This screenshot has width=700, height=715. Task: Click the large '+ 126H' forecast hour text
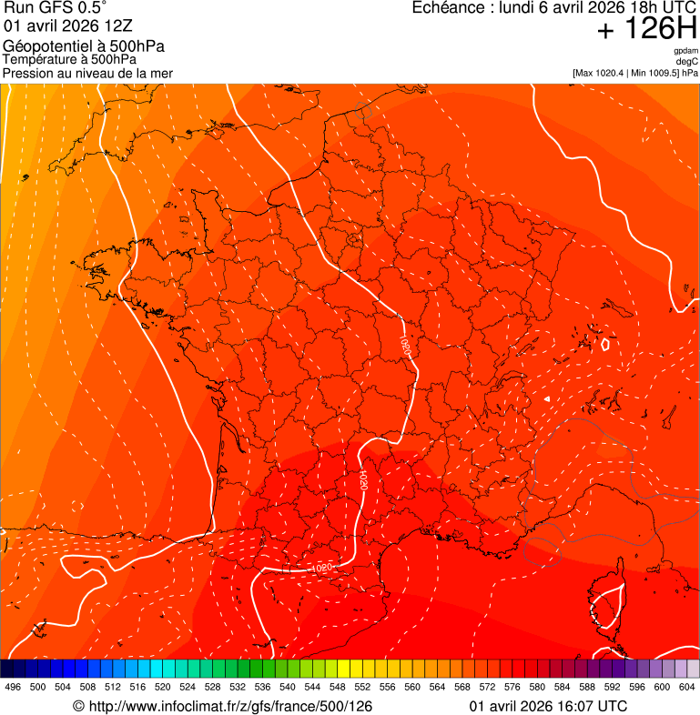[x=647, y=29]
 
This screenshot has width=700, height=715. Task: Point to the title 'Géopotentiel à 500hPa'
[x=84, y=46]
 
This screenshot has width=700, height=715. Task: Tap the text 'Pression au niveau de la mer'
[x=87, y=73]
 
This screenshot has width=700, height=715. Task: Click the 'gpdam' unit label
[x=685, y=51]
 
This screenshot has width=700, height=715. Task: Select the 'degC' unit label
[x=687, y=61]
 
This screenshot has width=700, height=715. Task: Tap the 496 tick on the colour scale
[x=13, y=687]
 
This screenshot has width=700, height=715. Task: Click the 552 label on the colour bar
[x=362, y=687]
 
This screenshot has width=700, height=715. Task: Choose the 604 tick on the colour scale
[x=686, y=687]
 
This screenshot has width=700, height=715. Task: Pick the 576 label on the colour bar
[x=512, y=687]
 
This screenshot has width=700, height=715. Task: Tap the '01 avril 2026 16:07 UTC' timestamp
[x=548, y=706]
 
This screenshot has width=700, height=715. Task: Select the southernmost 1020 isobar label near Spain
[x=321, y=568]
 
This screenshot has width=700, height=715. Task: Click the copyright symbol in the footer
[x=78, y=706]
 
